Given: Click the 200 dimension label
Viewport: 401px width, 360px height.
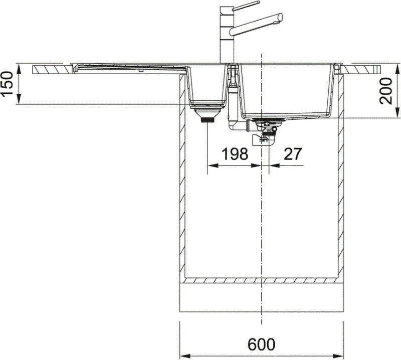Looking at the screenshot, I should click(386, 91).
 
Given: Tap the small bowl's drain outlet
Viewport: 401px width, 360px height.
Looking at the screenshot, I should click(207, 119).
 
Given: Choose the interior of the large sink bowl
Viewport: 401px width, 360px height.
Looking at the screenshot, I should click(286, 90).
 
